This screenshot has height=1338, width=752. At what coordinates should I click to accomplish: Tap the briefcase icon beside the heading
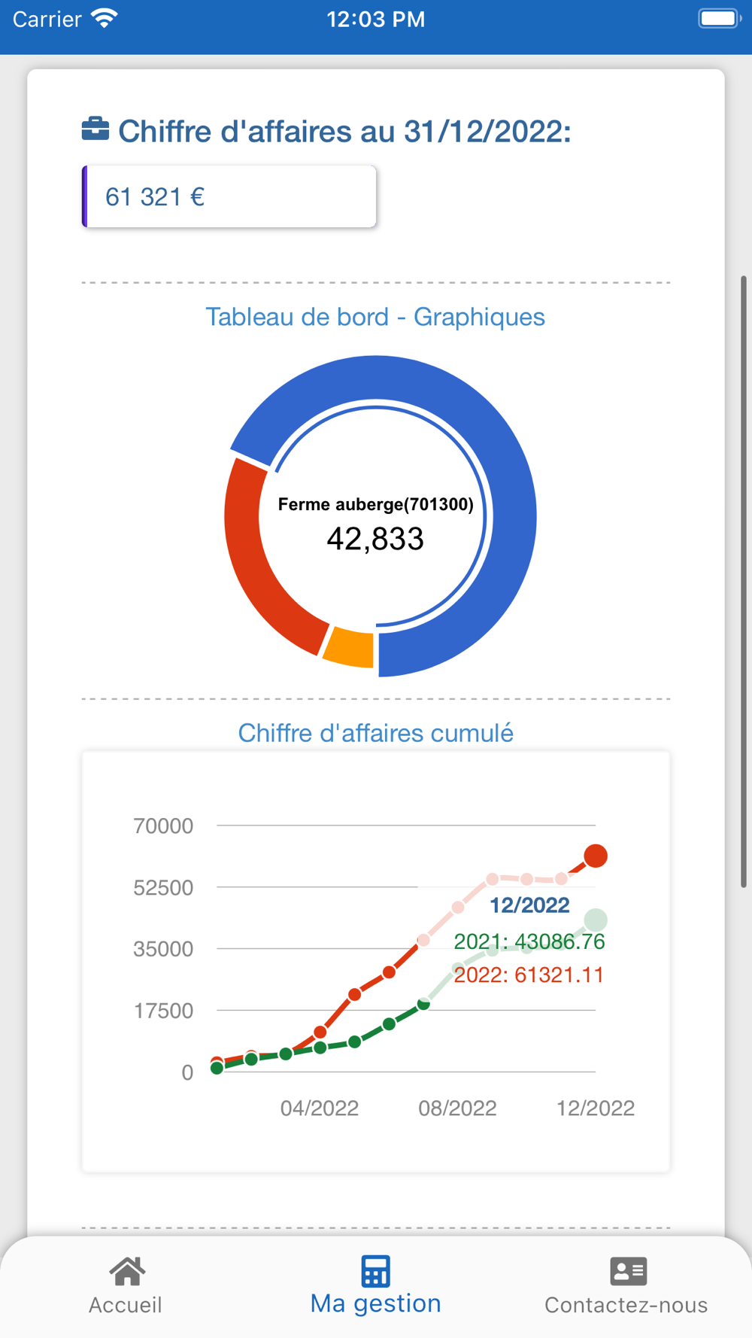tap(96, 129)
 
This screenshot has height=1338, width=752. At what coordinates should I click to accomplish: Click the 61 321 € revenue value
tap(155, 197)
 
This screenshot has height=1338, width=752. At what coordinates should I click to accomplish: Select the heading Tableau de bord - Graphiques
tap(375, 317)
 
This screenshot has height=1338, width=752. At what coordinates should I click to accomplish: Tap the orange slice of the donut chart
tap(349, 646)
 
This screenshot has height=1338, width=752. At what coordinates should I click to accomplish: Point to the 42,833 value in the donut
tap(375, 539)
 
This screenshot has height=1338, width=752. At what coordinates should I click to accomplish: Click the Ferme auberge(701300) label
tap(375, 504)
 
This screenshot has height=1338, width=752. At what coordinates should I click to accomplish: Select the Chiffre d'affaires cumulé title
tap(375, 733)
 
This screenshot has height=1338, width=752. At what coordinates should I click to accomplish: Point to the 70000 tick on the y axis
tap(163, 826)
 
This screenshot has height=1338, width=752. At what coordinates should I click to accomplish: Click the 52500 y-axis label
tap(163, 888)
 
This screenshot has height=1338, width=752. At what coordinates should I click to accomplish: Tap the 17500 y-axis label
tap(164, 1011)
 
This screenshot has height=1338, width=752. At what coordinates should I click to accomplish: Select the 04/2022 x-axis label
tap(320, 1108)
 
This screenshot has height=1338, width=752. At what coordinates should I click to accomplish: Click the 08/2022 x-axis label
tap(457, 1108)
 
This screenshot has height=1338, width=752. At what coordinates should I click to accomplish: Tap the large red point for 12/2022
tap(596, 856)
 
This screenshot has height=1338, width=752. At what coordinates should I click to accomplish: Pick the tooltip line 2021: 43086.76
tap(529, 941)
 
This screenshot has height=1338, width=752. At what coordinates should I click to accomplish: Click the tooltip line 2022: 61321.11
tap(529, 975)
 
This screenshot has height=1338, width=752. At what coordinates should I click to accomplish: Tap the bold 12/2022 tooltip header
tap(529, 905)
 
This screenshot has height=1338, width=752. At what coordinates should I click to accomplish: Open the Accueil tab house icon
tap(127, 1272)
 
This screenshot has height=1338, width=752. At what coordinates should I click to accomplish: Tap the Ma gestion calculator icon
tap(375, 1272)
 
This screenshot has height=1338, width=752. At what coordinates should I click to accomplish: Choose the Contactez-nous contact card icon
tap(628, 1272)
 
